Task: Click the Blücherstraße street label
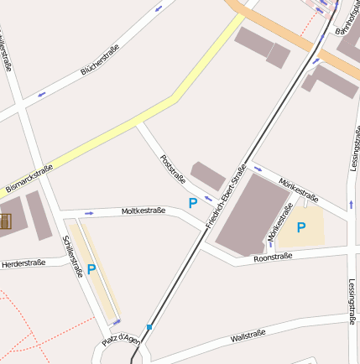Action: point(99,60)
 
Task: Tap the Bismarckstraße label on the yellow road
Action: point(29,178)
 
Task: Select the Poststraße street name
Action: point(172,167)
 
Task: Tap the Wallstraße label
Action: point(248,337)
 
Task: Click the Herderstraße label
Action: point(23,263)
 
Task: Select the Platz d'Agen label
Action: point(120,340)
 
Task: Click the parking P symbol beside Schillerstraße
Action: point(91,269)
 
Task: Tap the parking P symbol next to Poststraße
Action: point(192,203)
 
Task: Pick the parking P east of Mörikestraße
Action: point(301,226)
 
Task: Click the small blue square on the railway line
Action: point(149,327)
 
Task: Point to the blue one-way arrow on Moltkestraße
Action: point(88,213)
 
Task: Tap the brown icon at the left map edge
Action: point(4,222)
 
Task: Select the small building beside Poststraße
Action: point(208,175)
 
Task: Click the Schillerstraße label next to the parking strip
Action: point(72,255)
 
